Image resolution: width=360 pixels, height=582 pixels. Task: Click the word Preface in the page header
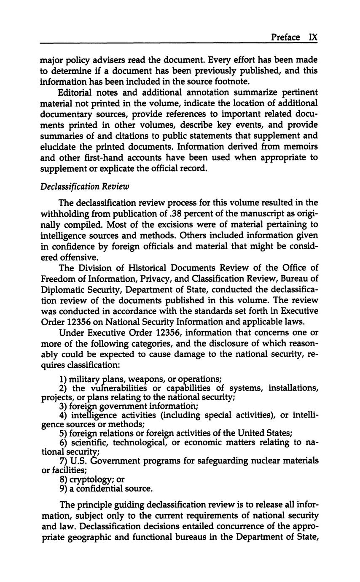pos(285,37)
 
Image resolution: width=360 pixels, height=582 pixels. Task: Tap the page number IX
pos(312,37)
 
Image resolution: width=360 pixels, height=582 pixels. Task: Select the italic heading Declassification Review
pos(85,186)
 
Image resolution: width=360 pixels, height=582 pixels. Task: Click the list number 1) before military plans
pos(63,379)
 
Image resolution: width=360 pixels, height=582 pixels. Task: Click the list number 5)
pos(63,433)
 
